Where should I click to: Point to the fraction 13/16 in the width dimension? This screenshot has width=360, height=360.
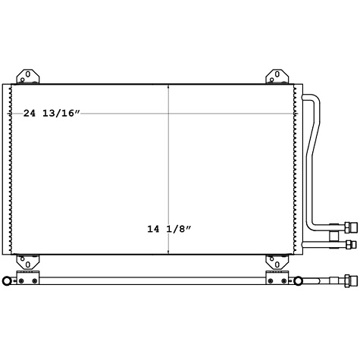(61, 113)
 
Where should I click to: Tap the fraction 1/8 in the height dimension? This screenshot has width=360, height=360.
(180, 227)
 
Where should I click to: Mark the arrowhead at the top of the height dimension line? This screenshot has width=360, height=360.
(168, 86)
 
